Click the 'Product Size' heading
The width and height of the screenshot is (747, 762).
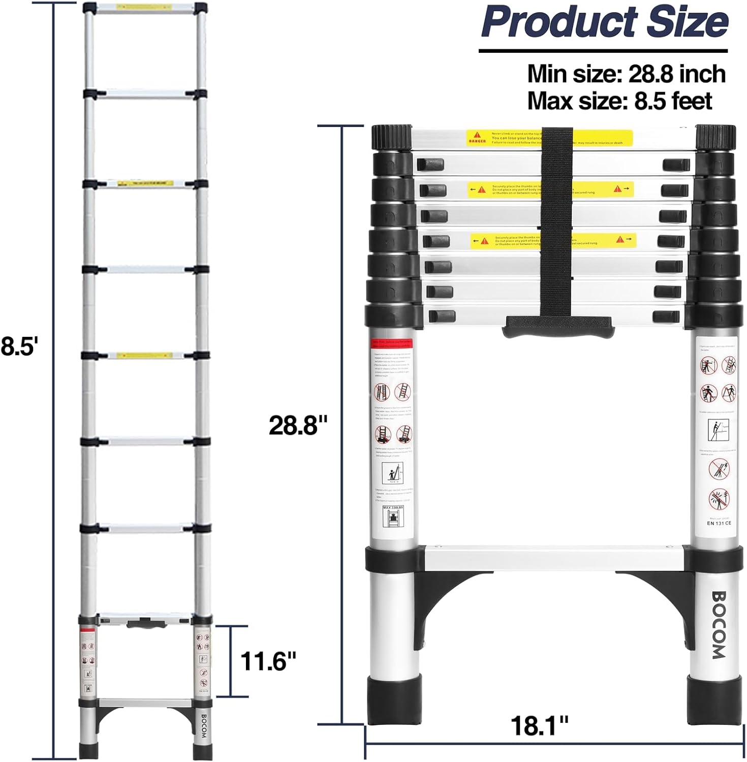[604, 21]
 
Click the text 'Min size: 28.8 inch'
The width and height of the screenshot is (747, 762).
[626, 74]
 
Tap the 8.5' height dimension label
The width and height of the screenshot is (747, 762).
[19, 347]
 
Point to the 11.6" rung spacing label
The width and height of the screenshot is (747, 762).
[268, 661]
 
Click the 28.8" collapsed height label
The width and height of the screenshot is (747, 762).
[298, 425]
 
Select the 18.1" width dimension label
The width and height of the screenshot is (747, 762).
[539, 725]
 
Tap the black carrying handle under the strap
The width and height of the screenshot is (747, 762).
[557, 326]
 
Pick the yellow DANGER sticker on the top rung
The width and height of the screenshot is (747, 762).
[549, 138]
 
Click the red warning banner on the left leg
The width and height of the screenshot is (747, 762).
[392, 343]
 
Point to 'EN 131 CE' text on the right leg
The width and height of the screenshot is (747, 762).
[719, 523]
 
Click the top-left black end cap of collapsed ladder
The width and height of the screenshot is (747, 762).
[392, 137]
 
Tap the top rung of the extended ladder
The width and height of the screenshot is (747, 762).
[145, 9]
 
